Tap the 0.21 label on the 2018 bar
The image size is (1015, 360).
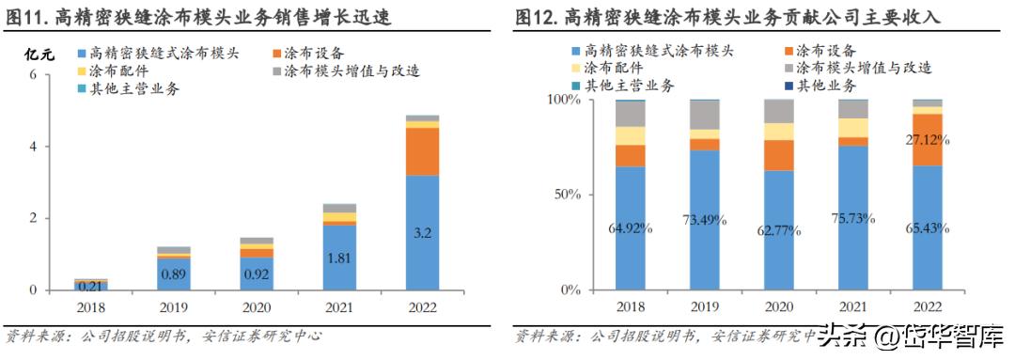click(91, 286)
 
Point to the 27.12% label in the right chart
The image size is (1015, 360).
click(927, 140)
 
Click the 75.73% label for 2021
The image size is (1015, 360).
click(853, 218)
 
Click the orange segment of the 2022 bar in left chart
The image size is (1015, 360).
click(422, 151)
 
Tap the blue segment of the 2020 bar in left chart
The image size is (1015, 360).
click(257, 274)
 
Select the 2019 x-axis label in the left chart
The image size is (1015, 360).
click(174, 306)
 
